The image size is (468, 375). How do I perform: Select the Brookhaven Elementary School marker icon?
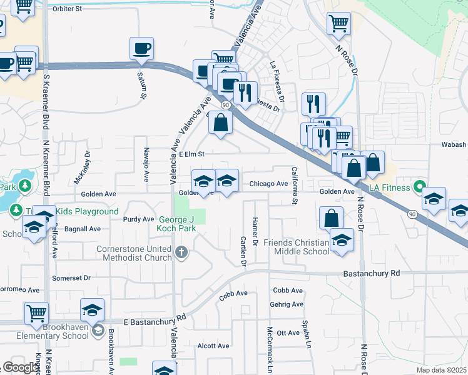(x=98, y=329)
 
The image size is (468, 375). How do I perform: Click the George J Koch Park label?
(x=177, y=224)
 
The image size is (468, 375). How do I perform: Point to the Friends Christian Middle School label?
(x=296, y=247)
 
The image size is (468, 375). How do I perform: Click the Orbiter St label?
(x=68, y=9)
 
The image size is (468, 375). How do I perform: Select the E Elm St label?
(x=191, y=154)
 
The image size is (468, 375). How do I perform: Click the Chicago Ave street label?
(x=268, y=184)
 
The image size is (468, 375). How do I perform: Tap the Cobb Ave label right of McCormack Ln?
(x=288, y=291)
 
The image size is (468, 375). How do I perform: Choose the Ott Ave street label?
(x=288, y=332)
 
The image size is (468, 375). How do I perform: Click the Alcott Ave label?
(x=213, y=346)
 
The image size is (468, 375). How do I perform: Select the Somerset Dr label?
(x=71, y=277)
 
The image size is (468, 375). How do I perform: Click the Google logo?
(x=21, y=367)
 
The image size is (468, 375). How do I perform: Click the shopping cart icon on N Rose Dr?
(x=338, y=24)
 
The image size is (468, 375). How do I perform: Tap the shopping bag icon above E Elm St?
(x=220, y=122)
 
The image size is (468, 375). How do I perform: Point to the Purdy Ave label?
(x=138, y=219)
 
